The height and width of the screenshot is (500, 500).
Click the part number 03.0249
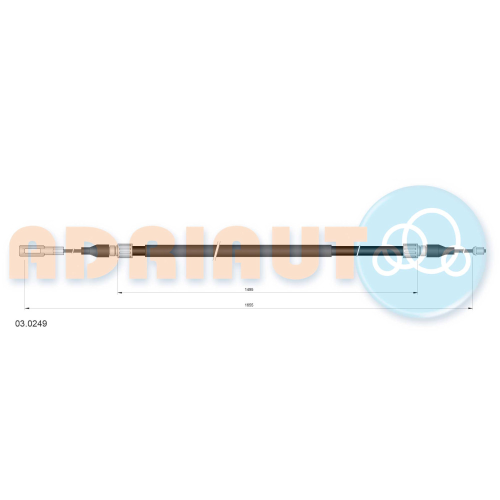31,323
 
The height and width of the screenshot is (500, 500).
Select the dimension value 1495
248,289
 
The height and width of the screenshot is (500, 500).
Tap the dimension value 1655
248,305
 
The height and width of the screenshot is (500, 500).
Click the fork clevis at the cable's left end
32,251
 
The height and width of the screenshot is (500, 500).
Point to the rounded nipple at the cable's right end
479,250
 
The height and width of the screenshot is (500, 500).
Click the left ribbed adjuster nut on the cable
125,250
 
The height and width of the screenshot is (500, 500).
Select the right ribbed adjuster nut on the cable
410,250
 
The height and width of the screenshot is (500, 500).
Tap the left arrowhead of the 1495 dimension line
120,292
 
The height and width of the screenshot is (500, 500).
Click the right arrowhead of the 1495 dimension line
415,292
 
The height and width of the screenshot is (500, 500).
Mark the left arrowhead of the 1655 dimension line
27,308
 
